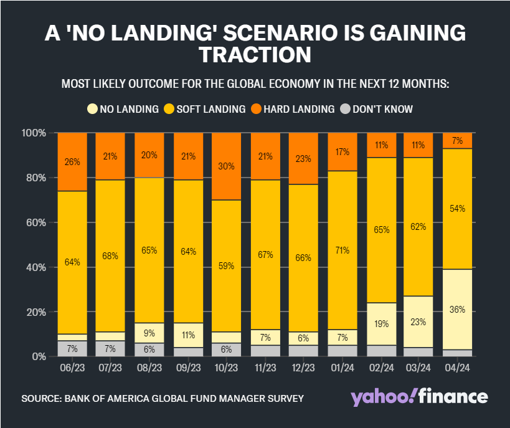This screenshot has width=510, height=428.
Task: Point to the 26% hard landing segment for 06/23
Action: (x=72, y=162)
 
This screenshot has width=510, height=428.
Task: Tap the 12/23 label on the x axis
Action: (x=303, y=368)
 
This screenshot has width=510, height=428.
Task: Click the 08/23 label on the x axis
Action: (x=149, y=368)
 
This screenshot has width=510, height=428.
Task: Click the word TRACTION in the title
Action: (x=255, y=55)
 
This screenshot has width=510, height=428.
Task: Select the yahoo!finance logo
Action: (x=419, y=397)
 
